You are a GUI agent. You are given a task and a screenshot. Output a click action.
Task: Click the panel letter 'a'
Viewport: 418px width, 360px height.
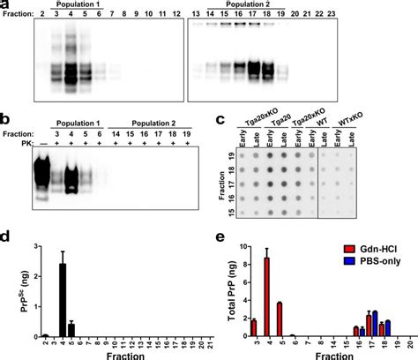click(x=6, y=6)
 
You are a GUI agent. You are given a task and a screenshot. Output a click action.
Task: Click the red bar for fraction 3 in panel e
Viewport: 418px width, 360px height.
click(x=253, y=327)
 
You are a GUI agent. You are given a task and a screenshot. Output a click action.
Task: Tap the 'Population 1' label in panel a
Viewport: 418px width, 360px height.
click(x=77, y=4)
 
